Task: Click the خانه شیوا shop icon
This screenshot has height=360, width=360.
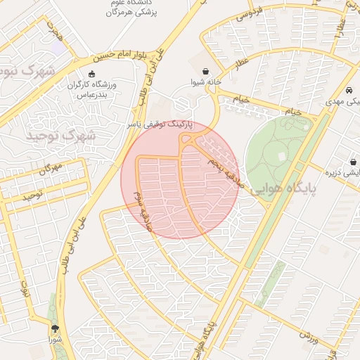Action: pyautogui.click(x=205, y=72)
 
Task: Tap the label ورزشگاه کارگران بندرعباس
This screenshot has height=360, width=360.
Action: pyautogui.click(x=91, y=89)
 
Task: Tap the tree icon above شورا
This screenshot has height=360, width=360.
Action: pyautogui.click(x=55, y=328)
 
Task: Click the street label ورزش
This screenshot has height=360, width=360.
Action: pyautogui.click(x=310, y=334)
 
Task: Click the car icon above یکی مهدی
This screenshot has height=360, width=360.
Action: pyautogui.click(x=349, y=91)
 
